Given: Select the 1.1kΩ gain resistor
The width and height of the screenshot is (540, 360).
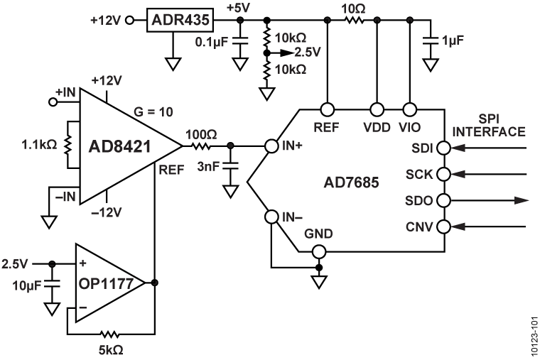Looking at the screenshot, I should [x=70, y=145].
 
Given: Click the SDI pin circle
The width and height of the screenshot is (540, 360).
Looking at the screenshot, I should [x=444, y=148].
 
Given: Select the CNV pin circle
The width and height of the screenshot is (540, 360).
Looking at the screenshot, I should [x=444, y=227].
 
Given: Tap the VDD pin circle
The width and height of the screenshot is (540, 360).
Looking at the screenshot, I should [x=377, y=110].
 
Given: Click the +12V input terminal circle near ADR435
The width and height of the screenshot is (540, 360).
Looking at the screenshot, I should [x=129, y=20].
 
